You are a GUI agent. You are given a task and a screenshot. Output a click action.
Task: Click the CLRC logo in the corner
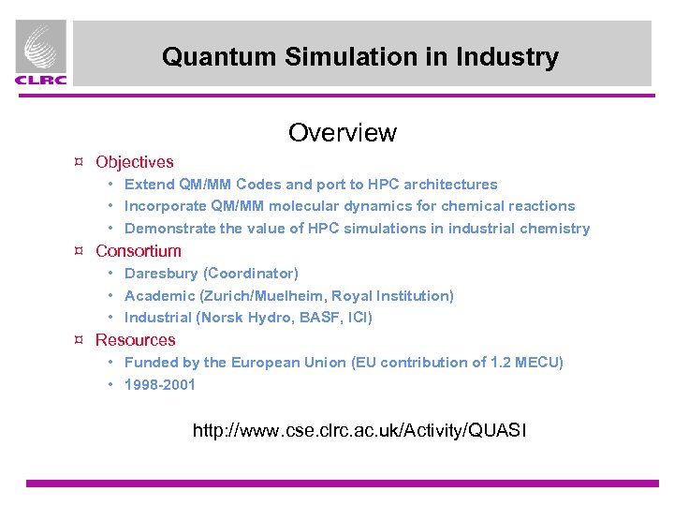coord(41,54)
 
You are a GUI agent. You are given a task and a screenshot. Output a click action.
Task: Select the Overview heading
coord(343,132)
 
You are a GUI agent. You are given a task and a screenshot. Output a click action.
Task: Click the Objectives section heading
coord(135,162)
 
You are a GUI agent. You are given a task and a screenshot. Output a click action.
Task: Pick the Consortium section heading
coord(139,251)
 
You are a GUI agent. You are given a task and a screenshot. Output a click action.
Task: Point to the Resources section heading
coord(136,340)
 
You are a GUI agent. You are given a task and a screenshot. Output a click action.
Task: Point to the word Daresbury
coord(162,274)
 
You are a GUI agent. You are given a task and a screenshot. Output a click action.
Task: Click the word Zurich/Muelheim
coord(256,296)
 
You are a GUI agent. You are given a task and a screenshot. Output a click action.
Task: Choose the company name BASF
coord(321,318)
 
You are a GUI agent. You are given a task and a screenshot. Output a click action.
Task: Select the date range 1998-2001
coord(160,384)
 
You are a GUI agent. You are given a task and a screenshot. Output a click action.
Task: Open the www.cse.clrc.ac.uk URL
coord(359,431)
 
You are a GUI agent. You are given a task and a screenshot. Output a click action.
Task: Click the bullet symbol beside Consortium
coord(81,251)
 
